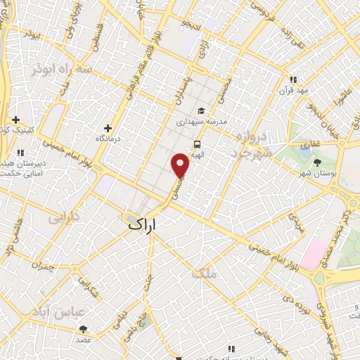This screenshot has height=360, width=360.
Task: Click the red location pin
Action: pyautogui.click(x=181, y=166)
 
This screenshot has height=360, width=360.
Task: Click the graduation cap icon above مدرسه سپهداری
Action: pyautogui.click(x=201, y=110)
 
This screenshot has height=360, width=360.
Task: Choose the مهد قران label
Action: pyautogui.click(x=294, y=91)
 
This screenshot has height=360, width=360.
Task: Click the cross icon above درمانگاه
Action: pyautogui.click(x=108, y=128)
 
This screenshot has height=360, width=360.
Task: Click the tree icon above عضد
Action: pyautogui.click(x=84, y=328)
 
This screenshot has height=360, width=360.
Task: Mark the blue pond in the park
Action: pyautogui.click(x=305, y=149)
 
